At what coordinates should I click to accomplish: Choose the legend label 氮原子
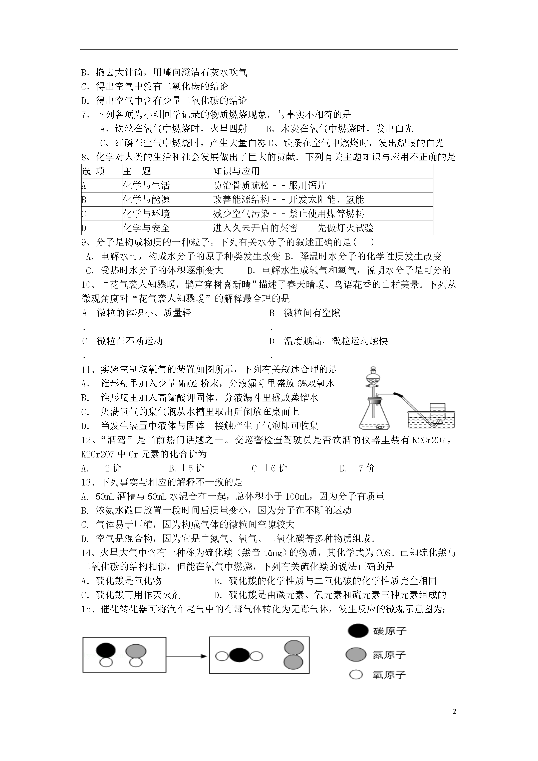[389, 655]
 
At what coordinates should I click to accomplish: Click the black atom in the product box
[239, 656]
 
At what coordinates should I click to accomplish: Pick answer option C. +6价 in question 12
[269, 468]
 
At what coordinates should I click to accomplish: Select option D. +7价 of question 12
[357, 468]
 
